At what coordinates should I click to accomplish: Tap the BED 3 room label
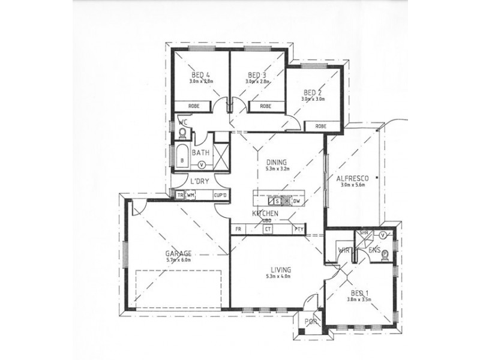coord(256,75)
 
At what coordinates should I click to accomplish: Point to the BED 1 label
coord(359,292)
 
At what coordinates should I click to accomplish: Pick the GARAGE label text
coord(178,253)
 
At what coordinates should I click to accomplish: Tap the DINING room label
coord(278,162)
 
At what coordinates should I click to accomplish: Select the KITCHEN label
coord(265,214)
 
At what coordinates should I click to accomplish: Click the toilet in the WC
coord(183,133)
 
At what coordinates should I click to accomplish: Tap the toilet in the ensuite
coord(384,254)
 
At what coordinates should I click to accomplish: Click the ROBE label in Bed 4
coord(194,106)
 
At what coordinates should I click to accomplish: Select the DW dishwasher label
coord(296,201)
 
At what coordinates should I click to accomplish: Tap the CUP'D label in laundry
coord(220,195)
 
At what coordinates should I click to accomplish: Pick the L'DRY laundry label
coord(199,182)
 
